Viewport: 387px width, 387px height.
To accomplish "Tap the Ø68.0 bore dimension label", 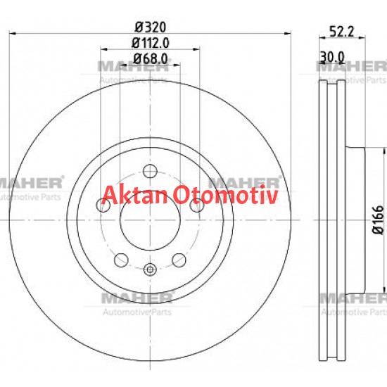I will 149,59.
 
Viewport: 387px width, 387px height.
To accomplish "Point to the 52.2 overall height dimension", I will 341,30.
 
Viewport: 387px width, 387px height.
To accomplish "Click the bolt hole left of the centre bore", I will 101,205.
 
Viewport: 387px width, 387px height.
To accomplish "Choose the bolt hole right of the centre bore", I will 199,204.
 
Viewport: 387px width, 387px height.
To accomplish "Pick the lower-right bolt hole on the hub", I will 181,258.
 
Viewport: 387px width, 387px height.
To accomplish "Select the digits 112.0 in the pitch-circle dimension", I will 156,43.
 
